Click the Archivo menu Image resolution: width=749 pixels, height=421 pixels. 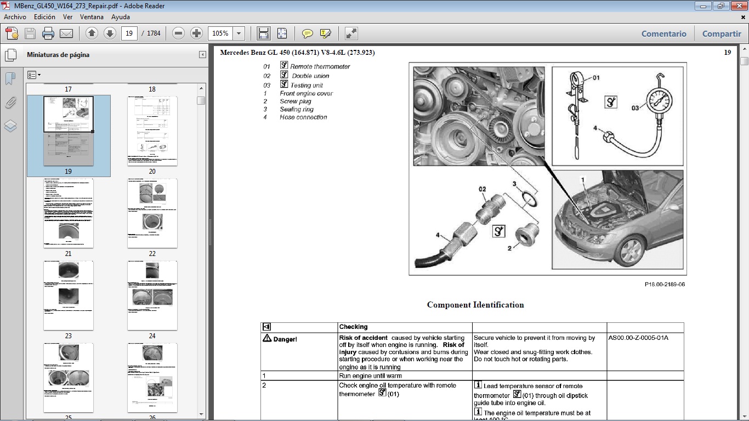[x=15, y=17]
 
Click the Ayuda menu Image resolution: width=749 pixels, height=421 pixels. [x=121, y=17]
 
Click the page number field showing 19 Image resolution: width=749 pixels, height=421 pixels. [x=129, y=33]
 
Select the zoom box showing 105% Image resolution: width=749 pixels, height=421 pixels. [x=220, y=33]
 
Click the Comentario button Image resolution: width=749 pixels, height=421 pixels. [x=663, y=33]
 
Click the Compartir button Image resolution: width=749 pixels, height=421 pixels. [x=722, y=33]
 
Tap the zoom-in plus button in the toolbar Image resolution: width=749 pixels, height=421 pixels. [x=196, y=33]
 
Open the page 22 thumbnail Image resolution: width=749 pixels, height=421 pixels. [x=152, y=213]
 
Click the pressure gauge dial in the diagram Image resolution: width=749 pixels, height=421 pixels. [x=658, y=103]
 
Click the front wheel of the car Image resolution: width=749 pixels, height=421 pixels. [x=628, y=250]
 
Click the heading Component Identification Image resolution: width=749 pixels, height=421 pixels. [x=475, y=305]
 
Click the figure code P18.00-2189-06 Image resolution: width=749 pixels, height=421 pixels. [x=665, y=285]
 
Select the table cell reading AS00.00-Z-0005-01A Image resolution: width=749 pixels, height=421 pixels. [x=638, y=338]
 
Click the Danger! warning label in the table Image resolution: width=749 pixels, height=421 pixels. [x=280, y=339]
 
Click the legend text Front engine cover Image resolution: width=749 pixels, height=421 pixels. [x=306, y=94]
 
